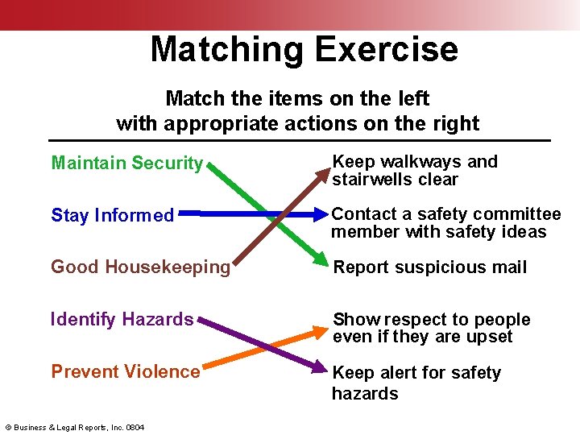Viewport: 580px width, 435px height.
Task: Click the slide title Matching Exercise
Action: pos(304,49)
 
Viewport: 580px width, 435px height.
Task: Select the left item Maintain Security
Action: pos(126,164)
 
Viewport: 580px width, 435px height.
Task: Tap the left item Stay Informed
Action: pos(112,216)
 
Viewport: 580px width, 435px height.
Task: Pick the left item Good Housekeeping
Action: pos(140,267)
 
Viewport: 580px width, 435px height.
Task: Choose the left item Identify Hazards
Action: pos(122,320)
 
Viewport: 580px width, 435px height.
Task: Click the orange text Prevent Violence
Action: pos(125,372)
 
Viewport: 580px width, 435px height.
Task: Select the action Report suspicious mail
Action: pos(429,267)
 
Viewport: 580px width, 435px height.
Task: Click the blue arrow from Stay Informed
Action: pos(242,215)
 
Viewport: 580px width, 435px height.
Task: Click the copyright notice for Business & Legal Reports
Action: pos(75,427)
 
